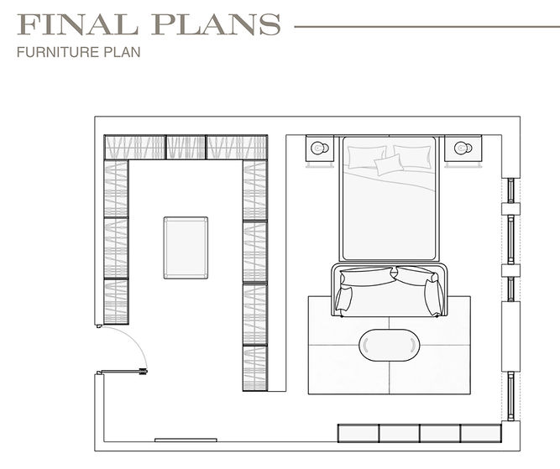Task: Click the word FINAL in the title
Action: click(x=77, y=24)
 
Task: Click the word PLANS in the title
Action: click(x=217, y=24)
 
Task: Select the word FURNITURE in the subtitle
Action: click(x=58, y=52)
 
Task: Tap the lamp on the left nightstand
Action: click(x=320, y=148)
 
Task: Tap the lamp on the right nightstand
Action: click(x=463, y=148)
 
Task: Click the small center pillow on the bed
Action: click(x=389, y=164)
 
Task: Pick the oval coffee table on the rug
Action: click(x=390, y=345)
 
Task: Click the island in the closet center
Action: click(x=186, y=248)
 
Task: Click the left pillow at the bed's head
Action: click(x=367, y=156)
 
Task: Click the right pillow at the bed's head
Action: click(x=412, y=156)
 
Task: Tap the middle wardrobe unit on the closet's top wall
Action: click(x=186, y=147)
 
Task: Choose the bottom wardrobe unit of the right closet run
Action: click(x=255, y=368)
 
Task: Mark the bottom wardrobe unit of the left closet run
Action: click(x=116, y=301)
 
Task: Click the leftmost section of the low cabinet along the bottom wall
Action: click(x=359, y=433)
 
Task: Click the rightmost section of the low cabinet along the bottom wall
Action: click(x=481, y=433)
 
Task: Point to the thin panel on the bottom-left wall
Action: click(x=186, y=440)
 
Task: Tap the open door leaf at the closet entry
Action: click(x=122, y=372)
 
